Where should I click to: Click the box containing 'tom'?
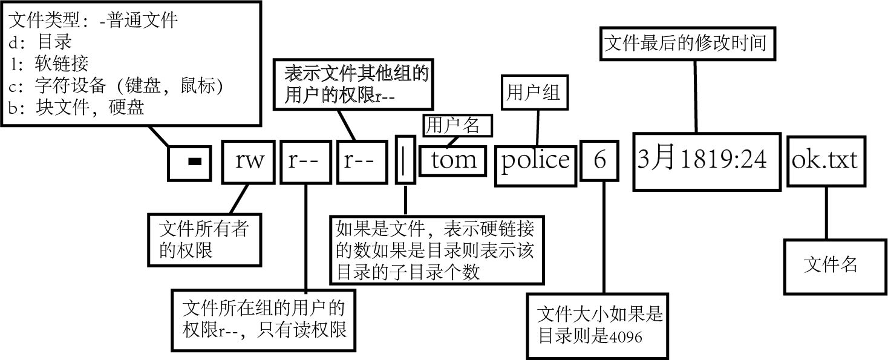452,160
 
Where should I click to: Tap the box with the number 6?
599,160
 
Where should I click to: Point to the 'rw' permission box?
249,161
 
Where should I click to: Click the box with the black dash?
189,162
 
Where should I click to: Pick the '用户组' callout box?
533,93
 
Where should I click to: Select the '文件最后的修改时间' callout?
686,42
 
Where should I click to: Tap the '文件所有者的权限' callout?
204,240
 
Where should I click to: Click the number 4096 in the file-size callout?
625,336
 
